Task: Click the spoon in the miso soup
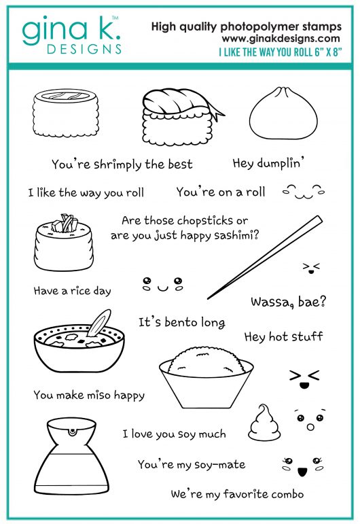coord(99,323)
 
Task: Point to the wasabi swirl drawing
coord(264,422)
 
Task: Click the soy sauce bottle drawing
coord(71,455)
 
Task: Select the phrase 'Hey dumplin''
coord(268,163)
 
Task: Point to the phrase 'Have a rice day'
coord(72,291)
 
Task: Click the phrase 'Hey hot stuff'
coord(283,336)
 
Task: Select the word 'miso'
coord(98,396)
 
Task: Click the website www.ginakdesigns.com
coord(281,39)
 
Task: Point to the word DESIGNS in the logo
coord(84,49)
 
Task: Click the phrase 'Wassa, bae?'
coord(288,302)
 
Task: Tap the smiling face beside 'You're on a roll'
coord(303,192)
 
